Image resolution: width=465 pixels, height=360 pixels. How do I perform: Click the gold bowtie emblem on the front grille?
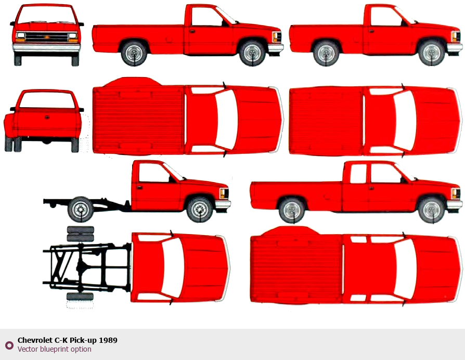coord(46,37)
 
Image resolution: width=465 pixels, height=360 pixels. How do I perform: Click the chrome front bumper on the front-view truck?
coord(46,48)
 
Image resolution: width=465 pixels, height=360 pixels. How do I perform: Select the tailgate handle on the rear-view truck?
coord(47,118)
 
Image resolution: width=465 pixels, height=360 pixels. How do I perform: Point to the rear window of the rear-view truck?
coord(47,100)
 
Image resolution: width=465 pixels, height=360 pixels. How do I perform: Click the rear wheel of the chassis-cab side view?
coord(81,209)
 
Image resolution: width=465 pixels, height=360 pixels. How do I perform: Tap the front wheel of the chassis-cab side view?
coord(200,209)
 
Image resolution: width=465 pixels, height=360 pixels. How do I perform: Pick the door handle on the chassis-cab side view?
coord(139,187)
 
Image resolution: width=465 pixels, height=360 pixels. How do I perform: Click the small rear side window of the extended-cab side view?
coord(358,174)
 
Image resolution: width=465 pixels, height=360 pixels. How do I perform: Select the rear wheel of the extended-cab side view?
coord(292,211)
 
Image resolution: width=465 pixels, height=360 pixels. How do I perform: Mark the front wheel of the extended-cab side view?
coord(431,211)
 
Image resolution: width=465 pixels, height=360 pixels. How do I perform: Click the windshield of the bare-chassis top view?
coord(172,267)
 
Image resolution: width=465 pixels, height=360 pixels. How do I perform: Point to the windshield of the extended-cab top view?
coord(405,269)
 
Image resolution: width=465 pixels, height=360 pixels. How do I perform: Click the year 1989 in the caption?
coord(108,340)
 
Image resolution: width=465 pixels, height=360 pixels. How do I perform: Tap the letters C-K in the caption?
coord(58,340)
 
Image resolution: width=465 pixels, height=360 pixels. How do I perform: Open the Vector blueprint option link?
coord(54,349)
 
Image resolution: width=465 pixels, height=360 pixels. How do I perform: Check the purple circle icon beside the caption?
coord(9,345)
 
